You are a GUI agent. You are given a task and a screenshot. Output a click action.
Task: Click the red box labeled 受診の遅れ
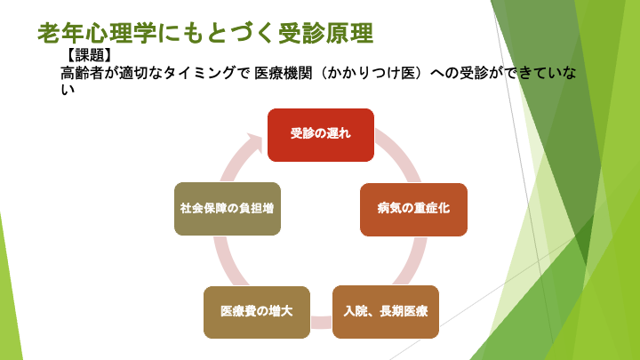click(321, 134)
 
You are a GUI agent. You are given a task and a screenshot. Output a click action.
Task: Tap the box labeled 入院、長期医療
click(386, 312)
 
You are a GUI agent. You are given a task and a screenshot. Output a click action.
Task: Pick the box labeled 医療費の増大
click(257, 312)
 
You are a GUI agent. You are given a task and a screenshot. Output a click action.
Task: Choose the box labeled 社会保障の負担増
click(228, 209)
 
